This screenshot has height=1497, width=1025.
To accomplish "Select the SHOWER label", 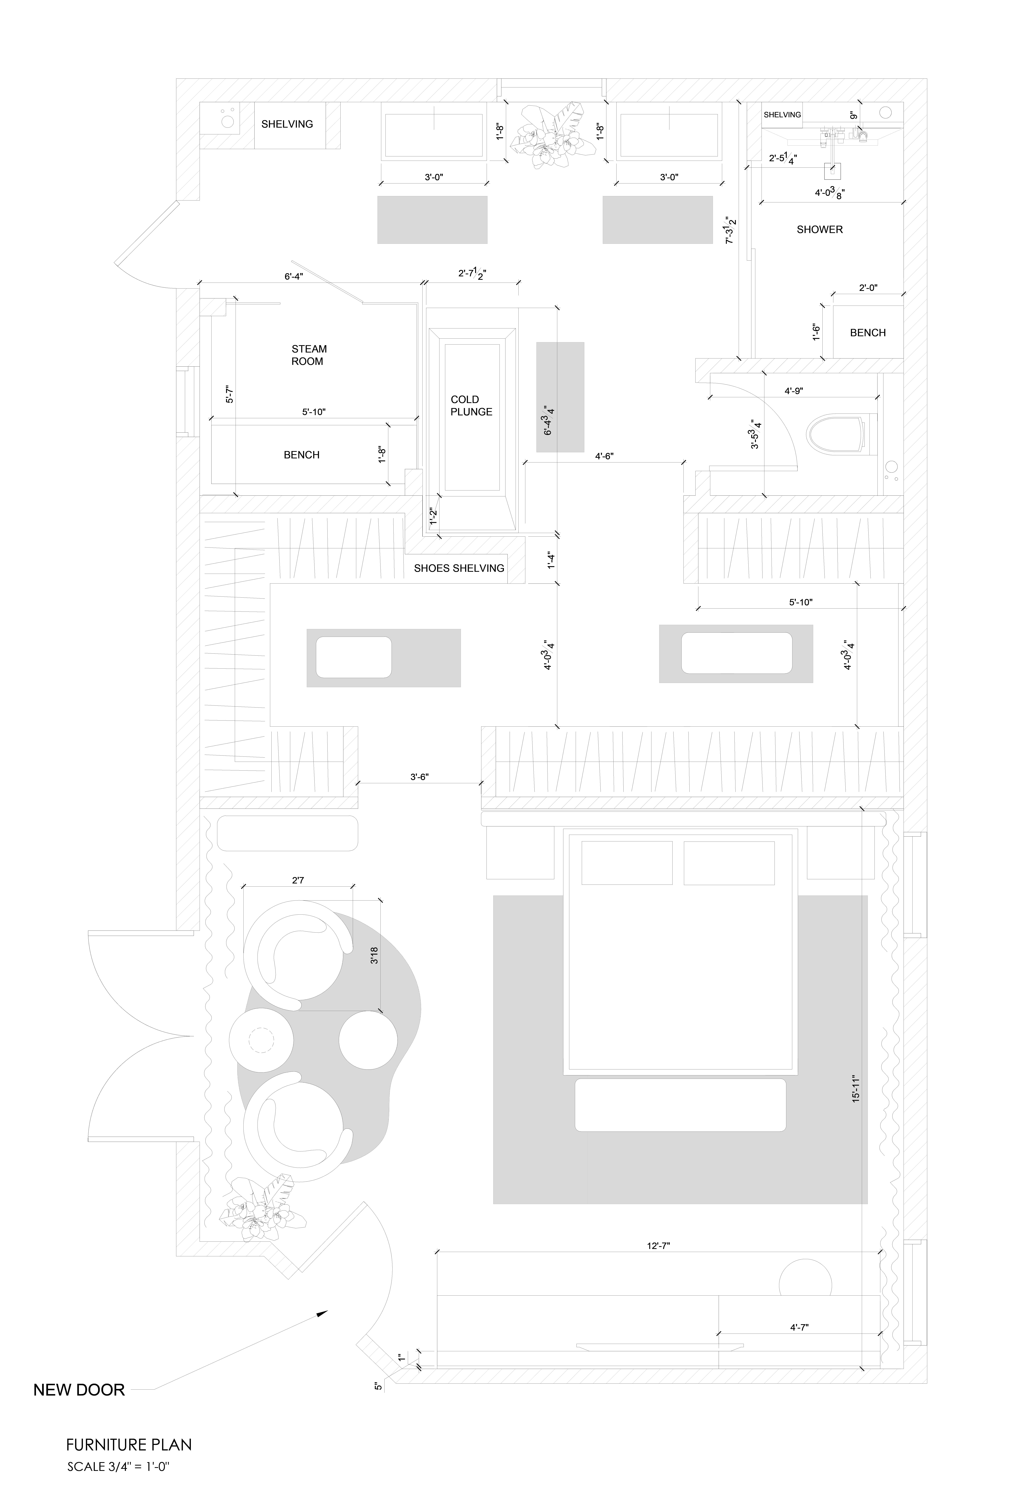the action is [x=819, y=229].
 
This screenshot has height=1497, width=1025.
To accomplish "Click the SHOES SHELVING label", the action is [x=459, y=568].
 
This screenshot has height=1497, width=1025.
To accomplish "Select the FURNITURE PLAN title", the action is [x=129, y=1445].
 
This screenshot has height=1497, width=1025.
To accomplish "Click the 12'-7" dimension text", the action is [x=658, y=1246].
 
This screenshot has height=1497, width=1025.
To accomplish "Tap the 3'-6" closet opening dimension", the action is [x=419, y=777].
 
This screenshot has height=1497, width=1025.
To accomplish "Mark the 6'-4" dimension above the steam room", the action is [x=294, y=276].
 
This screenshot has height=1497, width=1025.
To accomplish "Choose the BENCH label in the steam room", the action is [x=301, y=455].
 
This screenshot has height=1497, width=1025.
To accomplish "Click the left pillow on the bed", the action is [x=627, y=863].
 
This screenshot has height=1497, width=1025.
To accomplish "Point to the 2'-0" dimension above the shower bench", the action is [x=868, y=288].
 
